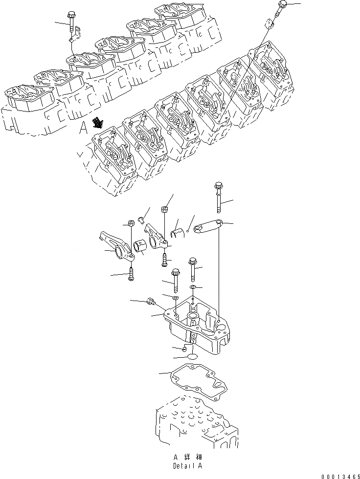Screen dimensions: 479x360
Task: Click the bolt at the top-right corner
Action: (x=283, y=7)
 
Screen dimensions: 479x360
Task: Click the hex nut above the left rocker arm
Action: (x=131, y=224)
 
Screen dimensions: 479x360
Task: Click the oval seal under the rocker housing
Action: (x=192, y=358)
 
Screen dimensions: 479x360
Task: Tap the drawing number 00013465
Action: (x=337, y=474)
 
